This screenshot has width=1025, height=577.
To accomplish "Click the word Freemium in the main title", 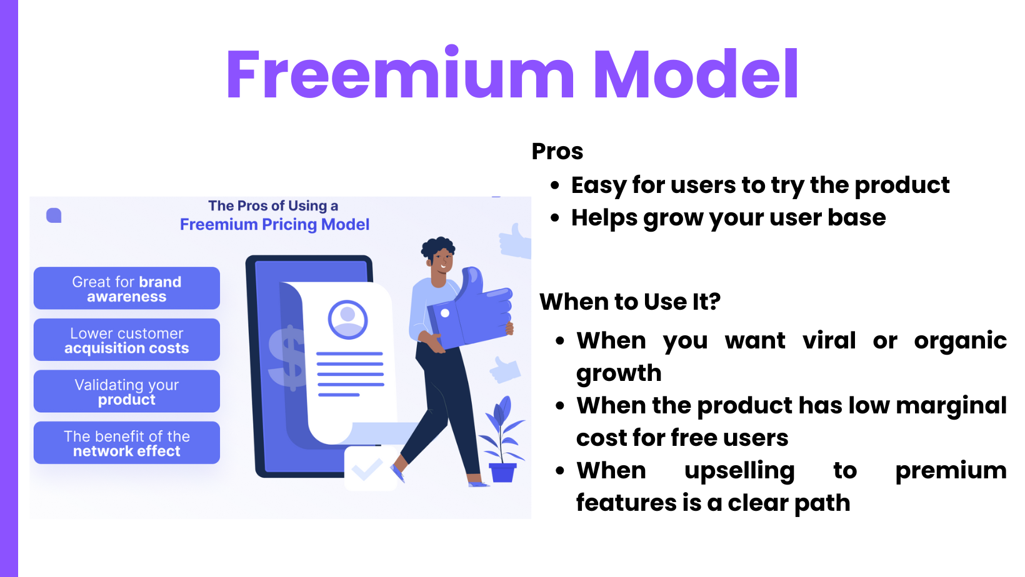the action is tap(400, 74).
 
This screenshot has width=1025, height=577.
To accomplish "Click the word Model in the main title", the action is tap(696, 74).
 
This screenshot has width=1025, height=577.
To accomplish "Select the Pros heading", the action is tap(557, 151).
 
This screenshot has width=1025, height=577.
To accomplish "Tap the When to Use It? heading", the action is tap(630, 302).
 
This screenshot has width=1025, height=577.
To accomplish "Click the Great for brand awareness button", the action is tap(127, 288).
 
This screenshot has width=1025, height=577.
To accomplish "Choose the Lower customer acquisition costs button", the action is tap(127, 340).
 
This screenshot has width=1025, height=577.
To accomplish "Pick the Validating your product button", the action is tap(127, 392).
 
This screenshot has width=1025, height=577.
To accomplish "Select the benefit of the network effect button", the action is tap(127, 443).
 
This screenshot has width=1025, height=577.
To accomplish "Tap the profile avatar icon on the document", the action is tap(347, 320).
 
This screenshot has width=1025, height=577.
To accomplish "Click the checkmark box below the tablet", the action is tap(371, 468).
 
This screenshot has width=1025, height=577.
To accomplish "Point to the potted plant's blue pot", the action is tap(502, 472).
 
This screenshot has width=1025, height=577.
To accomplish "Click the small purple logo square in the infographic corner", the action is tap(54, 215).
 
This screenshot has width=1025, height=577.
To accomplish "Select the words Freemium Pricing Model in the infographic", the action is tap(274, 224).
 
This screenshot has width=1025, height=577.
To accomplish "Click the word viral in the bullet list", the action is tap(829, 340).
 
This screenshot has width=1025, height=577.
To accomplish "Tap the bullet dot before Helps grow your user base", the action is tap(555, 218).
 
